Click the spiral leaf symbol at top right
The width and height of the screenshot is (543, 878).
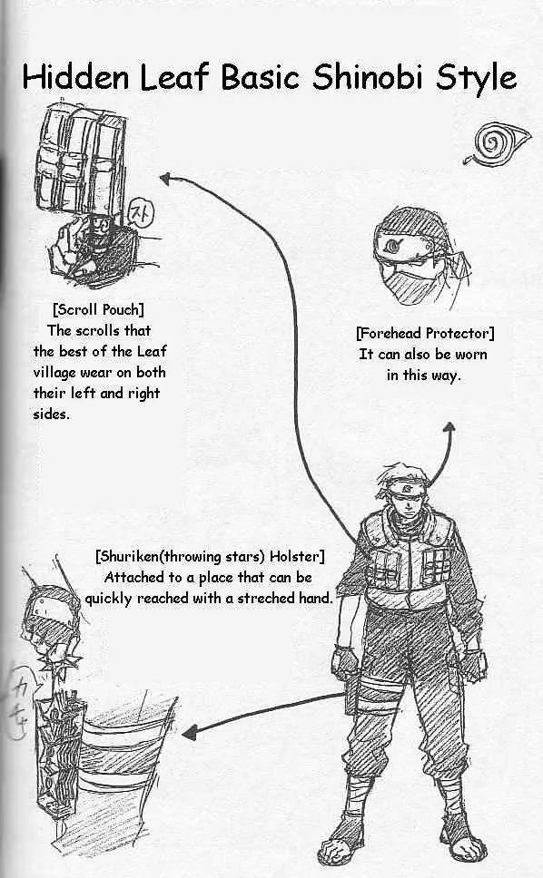(x=495, y=145)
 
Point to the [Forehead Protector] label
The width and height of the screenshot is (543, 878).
(x=425, y=333)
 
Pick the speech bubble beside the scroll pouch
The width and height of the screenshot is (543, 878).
(x=140, y=215)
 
